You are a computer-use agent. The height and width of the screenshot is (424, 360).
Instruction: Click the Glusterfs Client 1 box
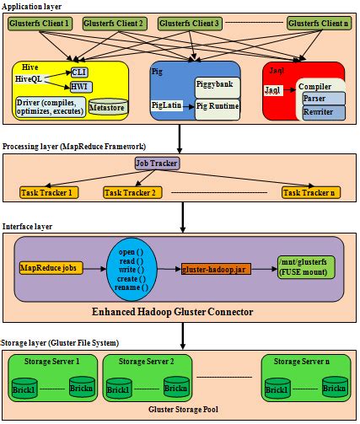pyautogui.click(x=40, y=23)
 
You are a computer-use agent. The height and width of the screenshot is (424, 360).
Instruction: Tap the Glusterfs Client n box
pyautogui.click(x=318, y=23)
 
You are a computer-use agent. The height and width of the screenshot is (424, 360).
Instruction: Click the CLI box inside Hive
pyautogui.click(x=80, y=72)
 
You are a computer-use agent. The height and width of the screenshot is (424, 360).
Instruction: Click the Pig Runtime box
pyautogui.click(x=218, y=106)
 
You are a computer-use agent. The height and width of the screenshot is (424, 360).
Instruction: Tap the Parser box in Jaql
pyautogui.click(x=324, y=99)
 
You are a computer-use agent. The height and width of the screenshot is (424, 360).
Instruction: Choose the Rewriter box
pyautogui.click(x=324, y=112)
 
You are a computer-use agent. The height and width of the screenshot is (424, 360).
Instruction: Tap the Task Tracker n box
pyautogui.click(x=311, y=193)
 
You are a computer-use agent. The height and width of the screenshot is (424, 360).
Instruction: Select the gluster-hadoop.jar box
pyautogui.click(x=214, y=268)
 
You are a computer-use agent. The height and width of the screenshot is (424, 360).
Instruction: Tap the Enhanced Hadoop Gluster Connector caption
pyautogui.click(x=179, y=314)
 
